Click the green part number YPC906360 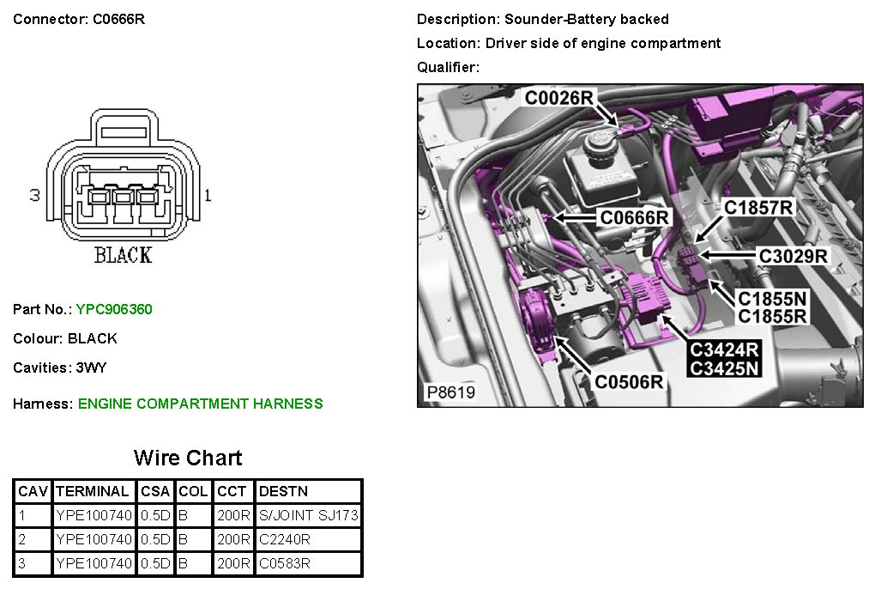(114, 309)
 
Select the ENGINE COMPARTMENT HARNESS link (200, 404)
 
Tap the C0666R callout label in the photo (634, 218)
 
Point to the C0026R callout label (559, 99)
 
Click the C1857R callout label (758, 207)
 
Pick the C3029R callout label (793, 255)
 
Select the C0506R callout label (629, 382)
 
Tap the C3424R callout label (725, 350)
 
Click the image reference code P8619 (450, 393)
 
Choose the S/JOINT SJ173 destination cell (308, 516)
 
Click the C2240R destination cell (284, 540)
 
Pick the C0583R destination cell (284, 564)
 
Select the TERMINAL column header (92, 492)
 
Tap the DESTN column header (283, 492)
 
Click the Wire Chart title (188, 458)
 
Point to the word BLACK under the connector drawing (123, 255)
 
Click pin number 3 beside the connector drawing (35, 196)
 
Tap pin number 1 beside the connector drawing (208, 196)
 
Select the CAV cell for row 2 (21, 540)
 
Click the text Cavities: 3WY (60, 367)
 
